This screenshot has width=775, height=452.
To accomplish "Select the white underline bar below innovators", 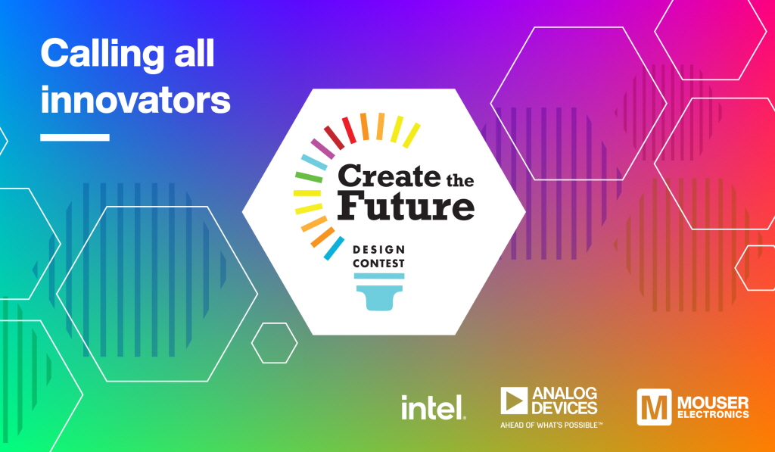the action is point(75,138).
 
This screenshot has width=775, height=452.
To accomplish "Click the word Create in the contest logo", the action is point(389,176).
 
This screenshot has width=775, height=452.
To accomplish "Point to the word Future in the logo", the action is point(406,207).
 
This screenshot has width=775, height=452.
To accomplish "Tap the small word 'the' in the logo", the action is point(460,179).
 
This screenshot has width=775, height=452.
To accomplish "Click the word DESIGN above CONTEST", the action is point(379,249).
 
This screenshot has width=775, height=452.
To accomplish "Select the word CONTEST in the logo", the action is point(378,263).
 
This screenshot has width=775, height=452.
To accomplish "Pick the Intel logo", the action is point(434,407).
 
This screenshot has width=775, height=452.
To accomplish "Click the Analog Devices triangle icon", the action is point(514,401).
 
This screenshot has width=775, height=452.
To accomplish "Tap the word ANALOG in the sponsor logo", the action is point(565,394).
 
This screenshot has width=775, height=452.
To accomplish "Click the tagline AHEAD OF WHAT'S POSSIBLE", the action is point(552,425).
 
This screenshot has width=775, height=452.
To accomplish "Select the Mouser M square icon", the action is point(655,407).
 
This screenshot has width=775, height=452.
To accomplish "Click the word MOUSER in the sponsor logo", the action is point(713,403).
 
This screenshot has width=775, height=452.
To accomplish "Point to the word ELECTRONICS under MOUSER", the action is point(713,414).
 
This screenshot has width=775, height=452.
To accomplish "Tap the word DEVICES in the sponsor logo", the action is point(565,408).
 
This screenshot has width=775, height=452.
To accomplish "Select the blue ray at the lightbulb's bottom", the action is point(334,248).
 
